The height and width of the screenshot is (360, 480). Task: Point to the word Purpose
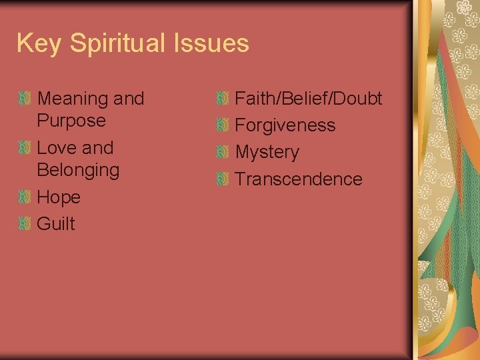(71, 121)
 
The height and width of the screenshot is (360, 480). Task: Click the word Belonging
(78, 170)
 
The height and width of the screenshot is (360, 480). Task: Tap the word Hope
(59, 197)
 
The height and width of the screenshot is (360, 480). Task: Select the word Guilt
(56, 224)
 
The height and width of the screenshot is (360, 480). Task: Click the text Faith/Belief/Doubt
(309, 99)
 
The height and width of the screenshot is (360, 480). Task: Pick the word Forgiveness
(285, 125)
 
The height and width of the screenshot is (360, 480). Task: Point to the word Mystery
(267, 152)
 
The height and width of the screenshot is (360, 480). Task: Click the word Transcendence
(299, 179)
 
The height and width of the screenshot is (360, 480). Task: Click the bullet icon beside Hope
(25, 197)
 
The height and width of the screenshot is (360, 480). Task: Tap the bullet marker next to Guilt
(25, 223)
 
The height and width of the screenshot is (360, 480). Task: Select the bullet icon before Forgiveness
(223, 125)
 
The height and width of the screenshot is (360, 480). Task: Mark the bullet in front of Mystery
(223, 152)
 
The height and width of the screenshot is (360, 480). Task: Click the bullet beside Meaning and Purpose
(25, 99)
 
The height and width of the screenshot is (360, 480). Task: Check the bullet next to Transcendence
(223, 179)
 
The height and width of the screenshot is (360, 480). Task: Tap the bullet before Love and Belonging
(25, 147)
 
